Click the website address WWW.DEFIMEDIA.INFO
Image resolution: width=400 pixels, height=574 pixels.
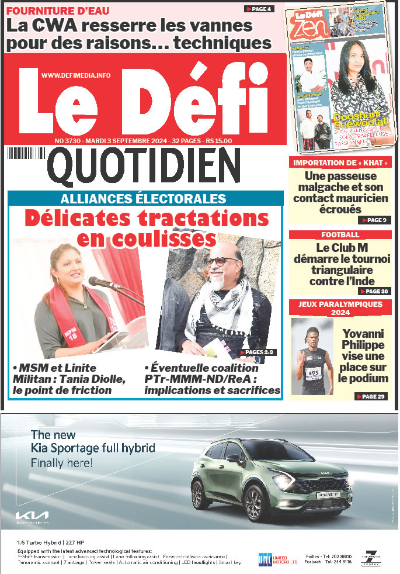tap(76, 75)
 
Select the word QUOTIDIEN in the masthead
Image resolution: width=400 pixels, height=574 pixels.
tap(144, 165)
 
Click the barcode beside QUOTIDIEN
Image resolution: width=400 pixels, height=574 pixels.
tap(26, 153)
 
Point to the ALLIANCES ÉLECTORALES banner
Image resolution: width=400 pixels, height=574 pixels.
tap(144, 198)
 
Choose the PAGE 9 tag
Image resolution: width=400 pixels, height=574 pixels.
tap(373, 220)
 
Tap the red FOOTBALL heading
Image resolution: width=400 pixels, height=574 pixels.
tap(340, 235)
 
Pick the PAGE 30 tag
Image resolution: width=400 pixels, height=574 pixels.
tap(373, 291)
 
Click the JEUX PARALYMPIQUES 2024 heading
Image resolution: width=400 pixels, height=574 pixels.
tap(340, 308)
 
